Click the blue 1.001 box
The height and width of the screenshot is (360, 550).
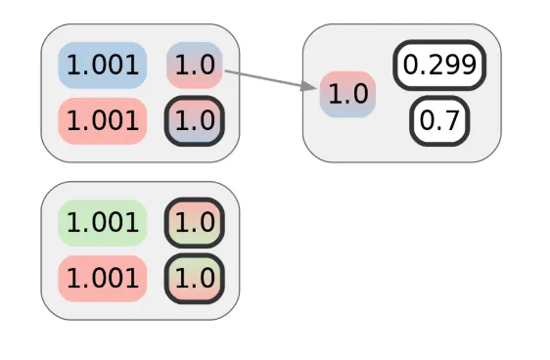pyautogui.click(x=103, y=66)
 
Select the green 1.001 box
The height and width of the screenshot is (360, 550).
pyautogui.click(x=103, y=222)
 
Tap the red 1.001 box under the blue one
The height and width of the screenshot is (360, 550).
pyautogui.click(x=103, y=120)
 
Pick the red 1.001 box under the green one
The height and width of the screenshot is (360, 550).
pyautogui.click(x=103, y=278)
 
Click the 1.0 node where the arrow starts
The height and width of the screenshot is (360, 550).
pyautogui.click(x=195, y=66)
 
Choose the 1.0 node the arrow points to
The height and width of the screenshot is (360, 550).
pyautogui.click(x=348, y=94)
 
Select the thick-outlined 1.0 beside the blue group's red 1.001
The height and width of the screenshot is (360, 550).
pyautogui.click(x=195, y=120)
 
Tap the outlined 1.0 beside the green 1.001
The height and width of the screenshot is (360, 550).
pyautogui.click(x=195, y=222)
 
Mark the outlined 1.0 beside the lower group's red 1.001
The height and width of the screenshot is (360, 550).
pyautogui.click(x=195, y=278)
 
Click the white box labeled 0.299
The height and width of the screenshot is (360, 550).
pyautogui.click(x=439, y=66)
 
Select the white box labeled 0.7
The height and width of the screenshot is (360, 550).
pyautogui.click(x=439, y=120)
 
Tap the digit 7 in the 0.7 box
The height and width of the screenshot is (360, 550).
pyautogui.click(x=451, y=120)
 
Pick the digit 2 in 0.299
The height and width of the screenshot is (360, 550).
pyautogui.click(x=437, y=66)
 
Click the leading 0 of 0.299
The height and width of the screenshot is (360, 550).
pyautogui.click(x=412, y=66)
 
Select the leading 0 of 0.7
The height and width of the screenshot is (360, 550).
pyautogui.click(x=427, y=120)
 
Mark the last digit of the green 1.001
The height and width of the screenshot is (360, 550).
pyautogui.click(x=133, y=222)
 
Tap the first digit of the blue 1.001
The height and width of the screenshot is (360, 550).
pyautogui.click(x=73, y=66)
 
